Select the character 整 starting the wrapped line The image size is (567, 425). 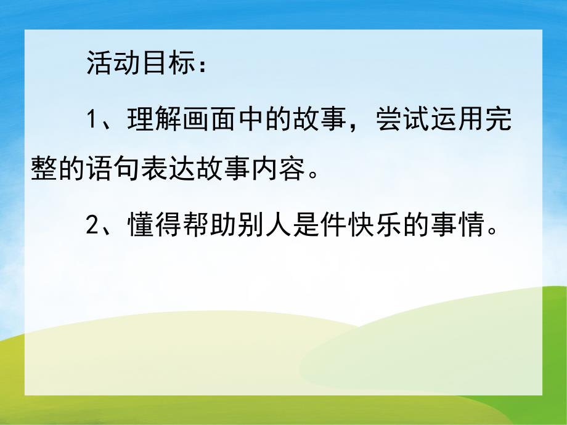point(44,170)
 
